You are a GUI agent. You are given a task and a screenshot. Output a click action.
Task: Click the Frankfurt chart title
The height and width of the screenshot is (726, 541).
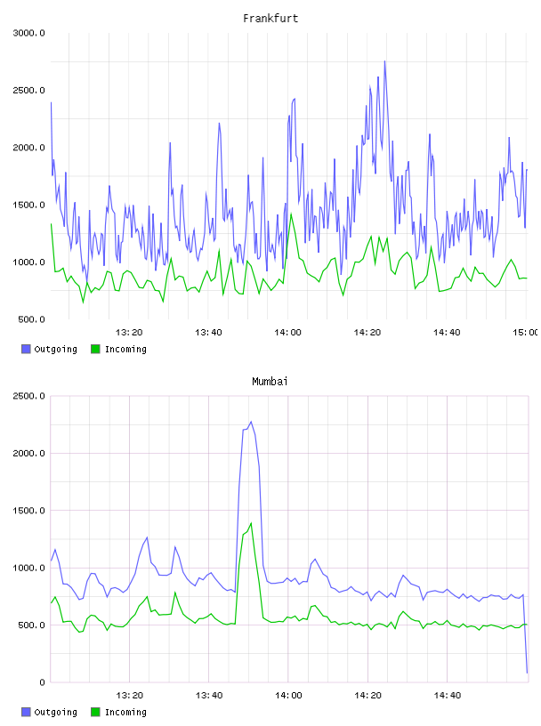(270, 19)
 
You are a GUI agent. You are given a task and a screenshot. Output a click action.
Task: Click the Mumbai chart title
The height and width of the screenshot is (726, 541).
(270, 382)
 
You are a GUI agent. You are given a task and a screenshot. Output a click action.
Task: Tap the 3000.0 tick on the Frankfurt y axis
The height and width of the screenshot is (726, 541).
(28, 33)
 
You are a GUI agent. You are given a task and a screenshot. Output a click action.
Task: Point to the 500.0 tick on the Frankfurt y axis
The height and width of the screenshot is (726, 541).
(31, 319)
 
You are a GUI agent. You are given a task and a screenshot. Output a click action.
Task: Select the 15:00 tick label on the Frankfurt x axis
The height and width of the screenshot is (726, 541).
(525, 333)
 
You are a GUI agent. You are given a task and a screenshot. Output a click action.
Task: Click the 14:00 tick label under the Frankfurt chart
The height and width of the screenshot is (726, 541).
(287, 333)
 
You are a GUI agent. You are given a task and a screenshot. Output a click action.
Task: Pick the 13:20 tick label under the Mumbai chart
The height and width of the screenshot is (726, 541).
(129, 696)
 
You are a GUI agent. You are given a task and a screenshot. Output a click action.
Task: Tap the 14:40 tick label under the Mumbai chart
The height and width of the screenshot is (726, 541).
(447, 696)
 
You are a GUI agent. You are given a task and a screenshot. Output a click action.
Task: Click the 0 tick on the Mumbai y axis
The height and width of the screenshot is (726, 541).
(42, 682)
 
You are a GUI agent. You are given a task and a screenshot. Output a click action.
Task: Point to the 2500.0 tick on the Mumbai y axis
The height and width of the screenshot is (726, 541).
(28, 396)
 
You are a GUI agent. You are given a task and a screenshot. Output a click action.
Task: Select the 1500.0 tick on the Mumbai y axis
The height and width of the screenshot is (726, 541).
(28, 511)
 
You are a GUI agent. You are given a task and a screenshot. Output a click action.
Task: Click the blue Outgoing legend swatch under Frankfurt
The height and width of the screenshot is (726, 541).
(26, 349)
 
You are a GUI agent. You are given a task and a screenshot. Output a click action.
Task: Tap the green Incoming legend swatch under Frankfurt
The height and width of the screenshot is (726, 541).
(95, 349)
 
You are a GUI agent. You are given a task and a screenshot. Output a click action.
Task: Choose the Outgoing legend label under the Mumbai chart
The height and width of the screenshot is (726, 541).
(55, 712)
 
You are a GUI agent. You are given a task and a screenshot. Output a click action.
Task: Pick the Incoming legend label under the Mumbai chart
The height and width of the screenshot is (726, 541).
(125, 712)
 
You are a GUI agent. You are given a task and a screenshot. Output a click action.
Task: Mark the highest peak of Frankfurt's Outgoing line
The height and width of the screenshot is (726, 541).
(384, 61)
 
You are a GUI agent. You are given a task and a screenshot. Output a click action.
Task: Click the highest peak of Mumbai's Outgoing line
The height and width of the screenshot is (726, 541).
(251, 422)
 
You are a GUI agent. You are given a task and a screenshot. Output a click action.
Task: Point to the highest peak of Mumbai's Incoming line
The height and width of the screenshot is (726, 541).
(251, 523)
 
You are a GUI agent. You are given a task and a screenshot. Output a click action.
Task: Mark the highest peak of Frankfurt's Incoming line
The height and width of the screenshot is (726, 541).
(291, 214)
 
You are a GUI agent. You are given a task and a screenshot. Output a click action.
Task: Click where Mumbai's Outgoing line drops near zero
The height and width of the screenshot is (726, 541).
(527, 673)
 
